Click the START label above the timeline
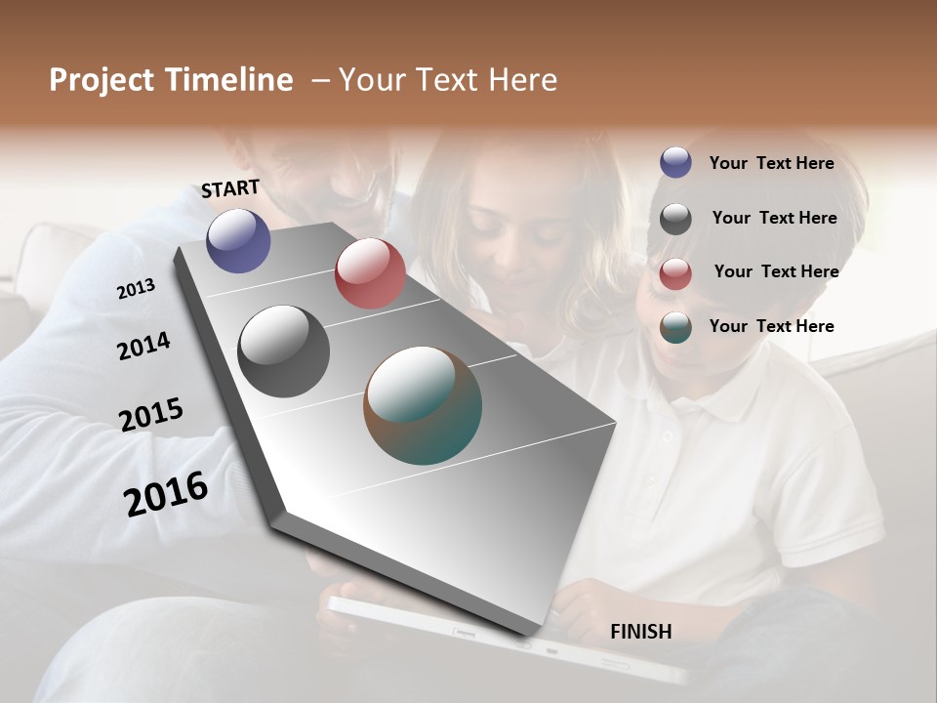point(230,188)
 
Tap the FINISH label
point(640,632)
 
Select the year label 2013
point(136,289)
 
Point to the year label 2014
point(143,346)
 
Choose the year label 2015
point(151,415)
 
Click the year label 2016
point(166,493)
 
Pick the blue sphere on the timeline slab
point(238,240)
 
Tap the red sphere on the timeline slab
point(370,273)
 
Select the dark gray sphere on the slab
point(283,351)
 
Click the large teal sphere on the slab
point(423,405)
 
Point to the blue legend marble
point(675,162)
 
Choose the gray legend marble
point(675,219)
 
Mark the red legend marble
point(675,273)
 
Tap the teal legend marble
point(675,327)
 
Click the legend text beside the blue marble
point(771,163)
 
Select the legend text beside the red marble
point(776,271)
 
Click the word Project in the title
point(102,80)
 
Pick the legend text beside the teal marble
point(771,326)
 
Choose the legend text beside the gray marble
point(774,218)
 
